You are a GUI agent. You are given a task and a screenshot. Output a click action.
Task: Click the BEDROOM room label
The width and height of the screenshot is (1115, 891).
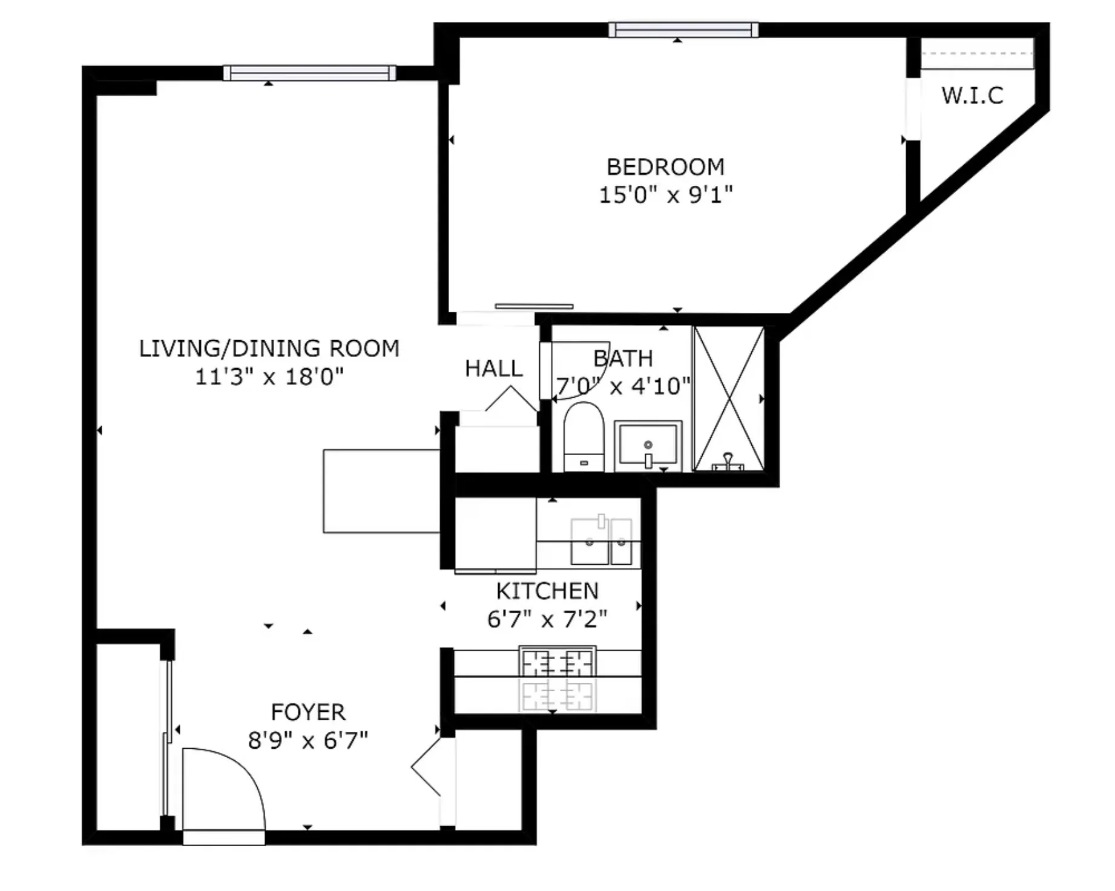[x=665, y=166]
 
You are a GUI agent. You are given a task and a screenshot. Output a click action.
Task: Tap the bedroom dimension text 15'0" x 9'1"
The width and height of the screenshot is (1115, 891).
[x=665, y=195]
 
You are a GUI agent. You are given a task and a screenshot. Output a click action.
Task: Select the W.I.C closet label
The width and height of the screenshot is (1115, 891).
[x=972, y=96]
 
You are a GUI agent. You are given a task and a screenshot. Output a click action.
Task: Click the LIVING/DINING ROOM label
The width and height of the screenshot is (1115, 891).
[x=269, y=349]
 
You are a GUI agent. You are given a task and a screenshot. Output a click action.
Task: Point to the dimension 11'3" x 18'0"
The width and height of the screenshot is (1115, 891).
[x=269, y=377]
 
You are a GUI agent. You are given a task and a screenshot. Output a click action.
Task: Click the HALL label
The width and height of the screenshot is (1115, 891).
[x=493, y=368]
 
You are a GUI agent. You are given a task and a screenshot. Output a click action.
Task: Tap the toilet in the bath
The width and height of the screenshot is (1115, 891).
[x=584, y=437]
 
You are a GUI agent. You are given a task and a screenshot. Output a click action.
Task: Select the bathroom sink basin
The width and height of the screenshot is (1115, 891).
[x=648, y=445]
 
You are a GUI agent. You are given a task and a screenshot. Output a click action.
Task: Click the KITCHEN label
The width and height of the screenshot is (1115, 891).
[x=547, y=591]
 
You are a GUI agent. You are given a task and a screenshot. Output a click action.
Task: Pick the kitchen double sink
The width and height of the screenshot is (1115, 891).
[x=601, y=541]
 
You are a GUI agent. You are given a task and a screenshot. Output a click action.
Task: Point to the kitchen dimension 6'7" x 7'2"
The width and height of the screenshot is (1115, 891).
[x=547, y=619]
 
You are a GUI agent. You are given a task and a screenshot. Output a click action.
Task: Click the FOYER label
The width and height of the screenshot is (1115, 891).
[x=308, y=712]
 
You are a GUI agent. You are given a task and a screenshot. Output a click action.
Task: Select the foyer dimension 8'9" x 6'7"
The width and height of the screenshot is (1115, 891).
[x=308, y=740]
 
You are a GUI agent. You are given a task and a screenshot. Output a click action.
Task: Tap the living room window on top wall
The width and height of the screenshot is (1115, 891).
[x=309, y=73]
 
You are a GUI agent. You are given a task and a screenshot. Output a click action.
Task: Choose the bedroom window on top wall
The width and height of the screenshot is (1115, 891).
[x=683, y=30]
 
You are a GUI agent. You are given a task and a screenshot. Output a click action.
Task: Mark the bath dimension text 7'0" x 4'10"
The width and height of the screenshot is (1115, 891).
[x=623, y=386]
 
